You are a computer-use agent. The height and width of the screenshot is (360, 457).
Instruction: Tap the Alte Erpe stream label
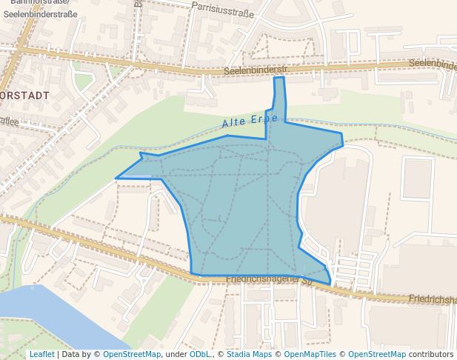click(x=250, y=121)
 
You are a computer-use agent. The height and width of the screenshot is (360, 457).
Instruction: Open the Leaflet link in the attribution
click(x=41, y=354)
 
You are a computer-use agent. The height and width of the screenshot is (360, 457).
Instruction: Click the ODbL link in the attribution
click(x=200, y=354)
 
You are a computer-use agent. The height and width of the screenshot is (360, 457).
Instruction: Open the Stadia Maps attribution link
click(x=249, y=354)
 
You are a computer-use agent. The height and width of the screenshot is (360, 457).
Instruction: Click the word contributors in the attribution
click(x=431, y=354)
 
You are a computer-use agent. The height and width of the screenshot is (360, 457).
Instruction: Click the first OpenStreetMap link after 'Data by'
click(x=131, y=354)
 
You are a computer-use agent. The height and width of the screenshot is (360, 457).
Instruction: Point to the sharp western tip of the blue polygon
click(x=117, y=178)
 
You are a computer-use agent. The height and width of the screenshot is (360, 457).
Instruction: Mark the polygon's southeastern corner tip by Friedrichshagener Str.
click(x=329, y=283)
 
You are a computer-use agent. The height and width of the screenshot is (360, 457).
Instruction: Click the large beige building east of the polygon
click(x=333, y=200)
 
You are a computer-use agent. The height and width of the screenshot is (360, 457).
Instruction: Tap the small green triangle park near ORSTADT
click(x=82, y=79)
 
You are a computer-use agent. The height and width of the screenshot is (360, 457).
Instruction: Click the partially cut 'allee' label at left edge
click(x=9, y=121)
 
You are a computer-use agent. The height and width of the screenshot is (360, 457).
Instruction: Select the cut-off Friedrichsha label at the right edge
click(x=433, y=300)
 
